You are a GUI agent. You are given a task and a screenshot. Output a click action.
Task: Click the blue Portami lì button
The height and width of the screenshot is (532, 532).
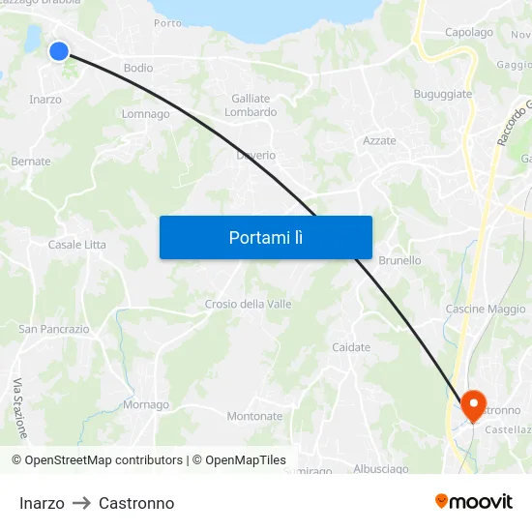pyautogui.click(x=265, y=237)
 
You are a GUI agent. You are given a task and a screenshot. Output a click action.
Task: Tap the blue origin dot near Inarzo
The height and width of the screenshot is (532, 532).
pyautogui.click(x=59, y=51)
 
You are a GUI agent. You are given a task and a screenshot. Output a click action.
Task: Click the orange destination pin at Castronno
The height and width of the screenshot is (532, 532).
pyautogui.click(x=474, y=404)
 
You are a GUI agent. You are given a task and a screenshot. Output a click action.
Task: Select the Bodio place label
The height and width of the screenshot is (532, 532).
pyautogui.click(x=138, y=69)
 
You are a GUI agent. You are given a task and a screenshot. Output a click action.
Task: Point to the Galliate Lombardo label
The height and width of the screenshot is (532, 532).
pyautogui.click(x=251, y=105)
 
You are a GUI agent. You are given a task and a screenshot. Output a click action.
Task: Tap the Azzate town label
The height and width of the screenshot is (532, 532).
pyautogui.click(x=379, y=141)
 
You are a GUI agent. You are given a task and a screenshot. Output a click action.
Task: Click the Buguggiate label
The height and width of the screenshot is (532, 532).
pyautogui.click(x=442, y=95)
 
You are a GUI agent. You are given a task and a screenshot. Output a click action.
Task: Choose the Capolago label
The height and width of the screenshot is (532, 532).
pyautogui.click(x=469, y=33)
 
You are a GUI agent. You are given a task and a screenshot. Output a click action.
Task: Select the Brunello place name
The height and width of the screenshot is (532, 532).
pyautogui.click(x=399, y=261)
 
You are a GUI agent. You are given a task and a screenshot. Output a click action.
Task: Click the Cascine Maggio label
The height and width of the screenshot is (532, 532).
pyautogui.click(x=486, y=310)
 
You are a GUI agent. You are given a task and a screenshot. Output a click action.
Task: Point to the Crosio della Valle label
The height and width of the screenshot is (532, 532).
pyautogui.click(x=248, y=305)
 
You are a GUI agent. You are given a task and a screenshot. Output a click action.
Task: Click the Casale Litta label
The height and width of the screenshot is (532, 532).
pyautogui.click(x=77, y=245)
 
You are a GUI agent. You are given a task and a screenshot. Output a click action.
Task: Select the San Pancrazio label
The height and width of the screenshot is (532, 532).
pyautogui.click(x=54, y=330)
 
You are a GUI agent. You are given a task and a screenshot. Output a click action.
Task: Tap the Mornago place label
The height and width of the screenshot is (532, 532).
pyautogui.click(x=146, y=405)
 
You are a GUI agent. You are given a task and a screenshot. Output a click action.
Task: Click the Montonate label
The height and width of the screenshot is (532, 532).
pyautogui.click(x=254, y=417)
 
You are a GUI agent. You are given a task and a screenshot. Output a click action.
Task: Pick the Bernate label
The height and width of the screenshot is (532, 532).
pyautogui.click(x=31, y=162)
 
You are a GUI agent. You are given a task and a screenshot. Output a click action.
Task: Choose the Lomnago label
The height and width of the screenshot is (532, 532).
pyautogui.click(x=146, y=114)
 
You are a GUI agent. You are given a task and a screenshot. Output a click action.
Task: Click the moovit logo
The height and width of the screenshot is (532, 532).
pyautogui.click(x=473, y=502)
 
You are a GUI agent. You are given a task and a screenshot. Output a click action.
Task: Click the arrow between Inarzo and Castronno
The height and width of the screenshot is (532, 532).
pyautogui.click(x=81, y=504)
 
